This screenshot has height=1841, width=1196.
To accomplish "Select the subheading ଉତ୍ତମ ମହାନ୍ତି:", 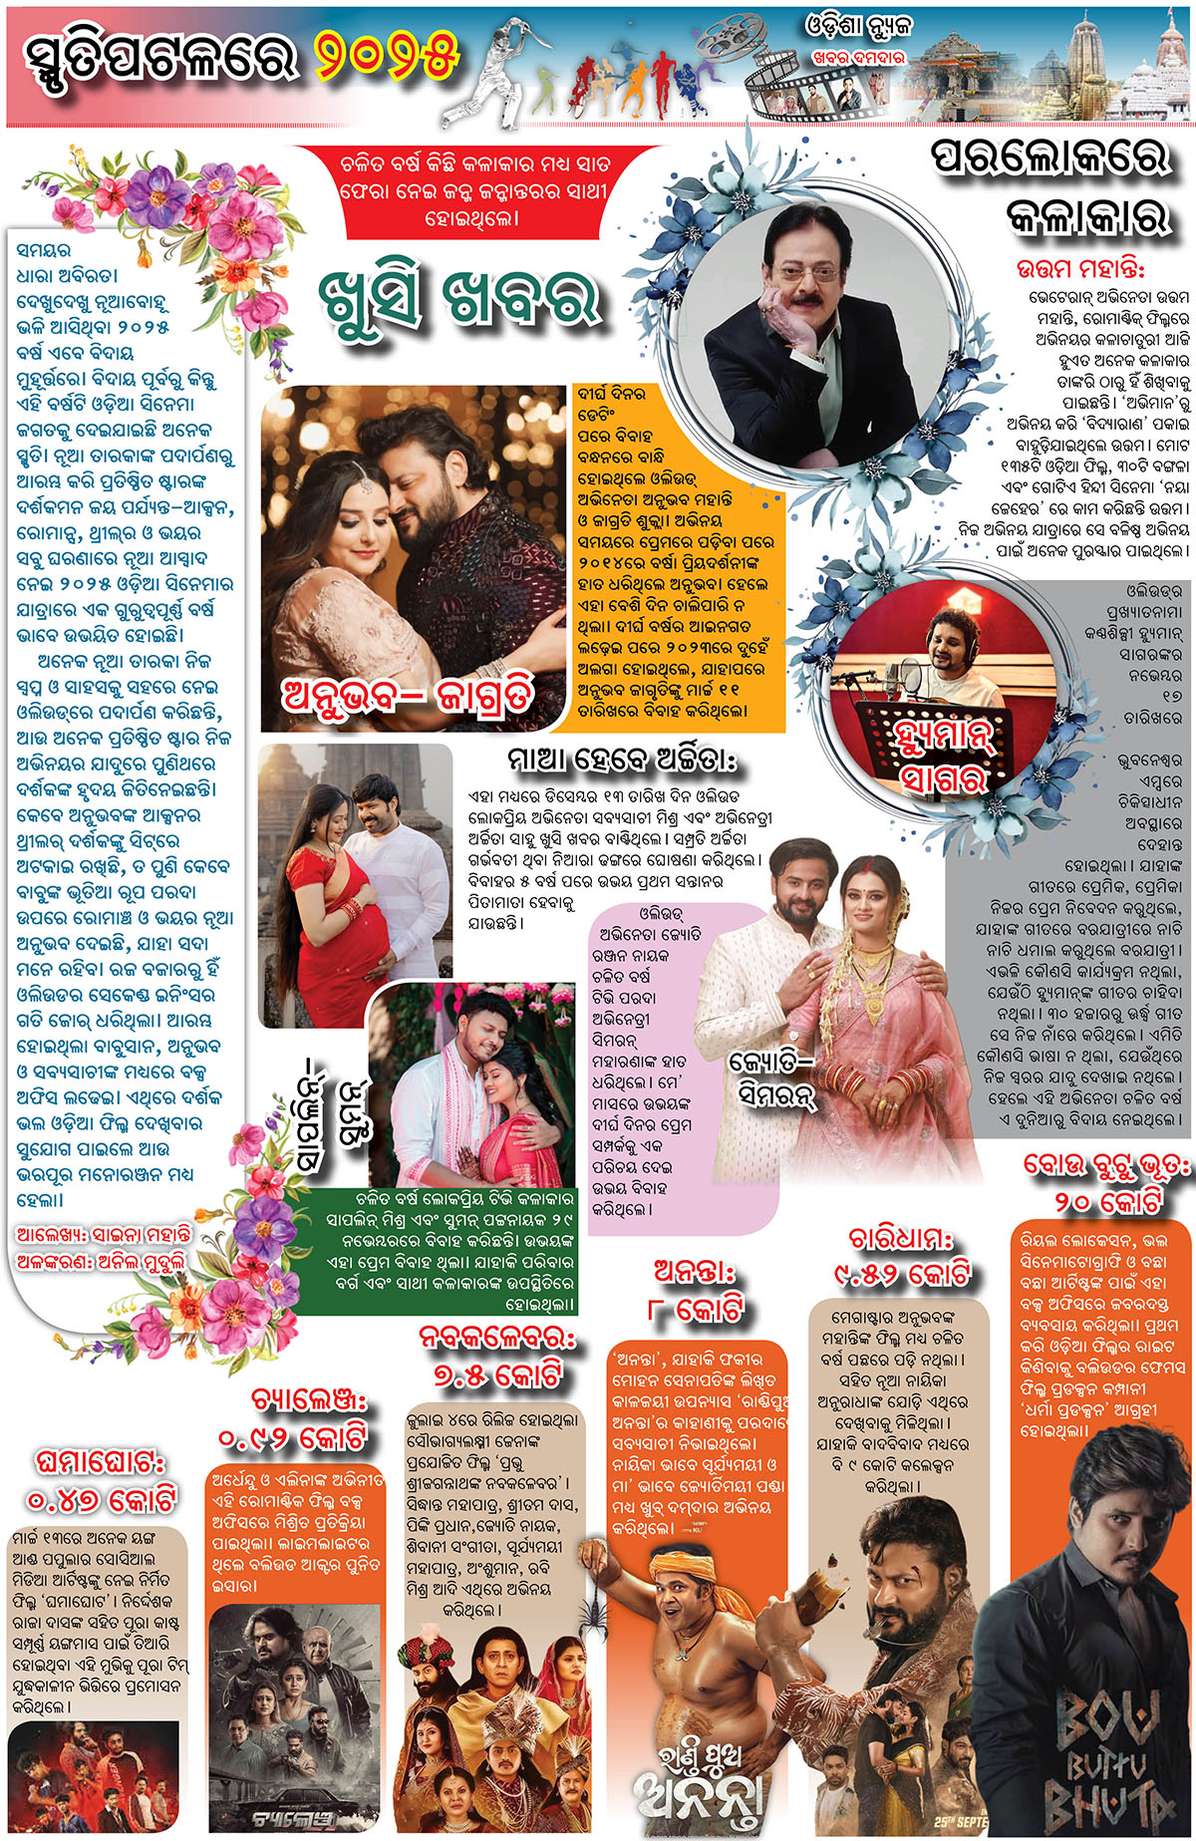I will (1080, 269).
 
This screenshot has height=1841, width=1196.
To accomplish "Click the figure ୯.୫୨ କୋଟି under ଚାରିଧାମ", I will (901, 1273).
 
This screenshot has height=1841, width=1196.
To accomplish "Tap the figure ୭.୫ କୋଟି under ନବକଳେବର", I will (497, 1375).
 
